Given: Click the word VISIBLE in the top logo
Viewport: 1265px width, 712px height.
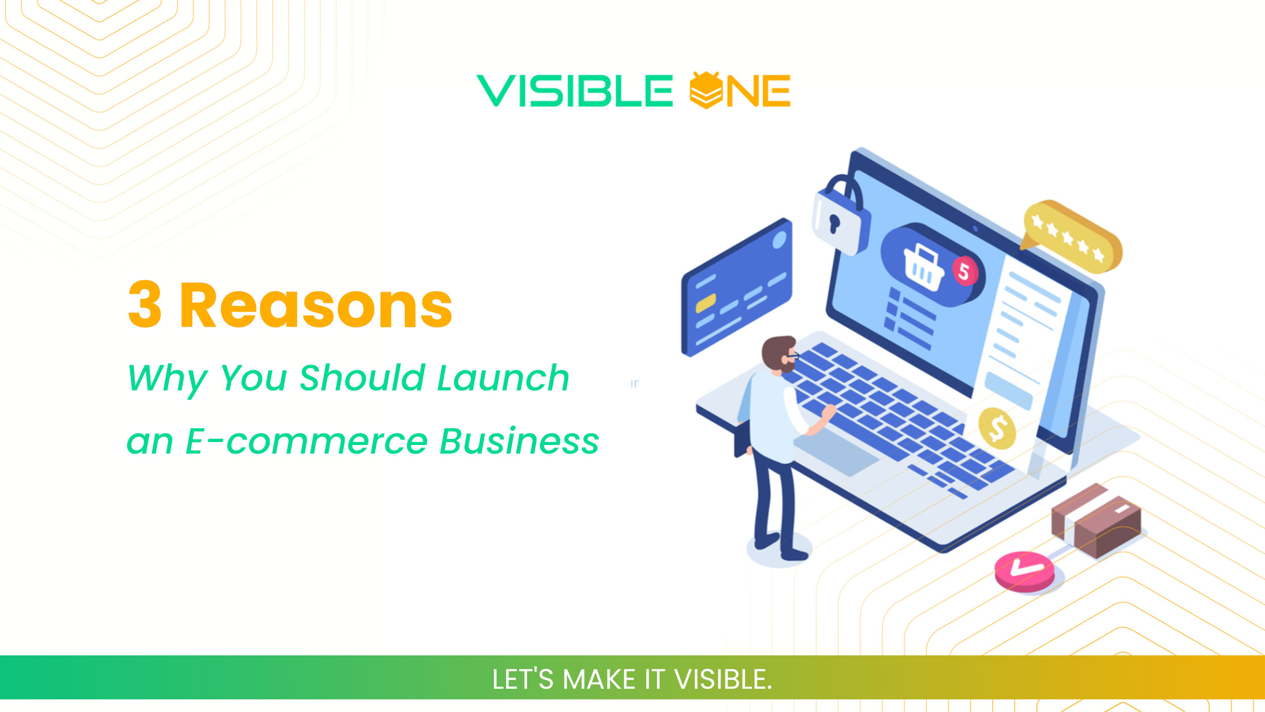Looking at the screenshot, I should point(574,91).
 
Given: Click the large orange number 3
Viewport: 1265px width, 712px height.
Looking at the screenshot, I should point(145,304).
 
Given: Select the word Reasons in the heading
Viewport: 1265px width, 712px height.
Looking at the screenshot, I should point(316,306).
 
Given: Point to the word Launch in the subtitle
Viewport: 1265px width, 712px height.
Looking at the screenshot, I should point(503,378).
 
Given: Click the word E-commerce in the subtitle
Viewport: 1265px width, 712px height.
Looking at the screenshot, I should point(307,441).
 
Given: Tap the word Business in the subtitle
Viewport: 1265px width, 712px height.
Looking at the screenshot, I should point(519,441).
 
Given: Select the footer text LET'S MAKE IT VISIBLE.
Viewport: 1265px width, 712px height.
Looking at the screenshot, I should point(632,679).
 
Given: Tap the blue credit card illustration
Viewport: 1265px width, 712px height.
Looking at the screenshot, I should point(737,288).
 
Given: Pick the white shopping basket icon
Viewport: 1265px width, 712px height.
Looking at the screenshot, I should point(924,268).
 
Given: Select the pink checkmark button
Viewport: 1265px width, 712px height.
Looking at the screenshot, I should point(1025,571).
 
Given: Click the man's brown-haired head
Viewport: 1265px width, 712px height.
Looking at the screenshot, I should point(779,354).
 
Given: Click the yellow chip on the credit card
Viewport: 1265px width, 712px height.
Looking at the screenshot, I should point(705,303).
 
